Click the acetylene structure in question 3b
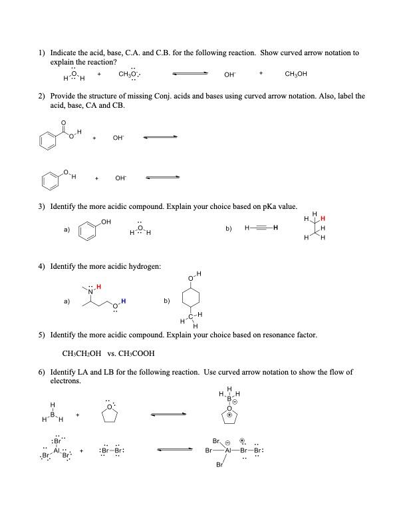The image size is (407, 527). coord(261,229)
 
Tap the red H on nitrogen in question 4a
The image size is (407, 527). coord(98,287)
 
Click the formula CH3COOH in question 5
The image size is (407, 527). coord(138,353)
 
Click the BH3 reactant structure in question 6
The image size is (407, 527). coord(52,417)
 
